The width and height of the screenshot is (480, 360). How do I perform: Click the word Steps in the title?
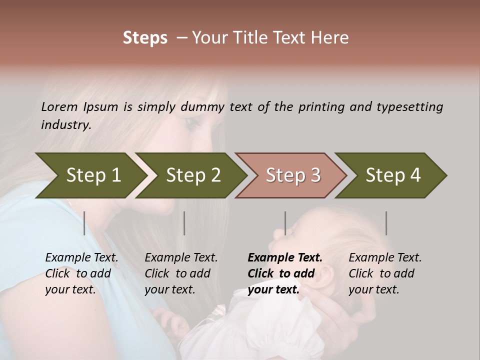pos(145,38)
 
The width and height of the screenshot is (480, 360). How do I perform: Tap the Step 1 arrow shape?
pos(90,175)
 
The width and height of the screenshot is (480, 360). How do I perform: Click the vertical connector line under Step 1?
pos(84,223)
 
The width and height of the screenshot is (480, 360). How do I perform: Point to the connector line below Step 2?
pos(184,223)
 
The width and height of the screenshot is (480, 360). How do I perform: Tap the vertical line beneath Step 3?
pos(285,223)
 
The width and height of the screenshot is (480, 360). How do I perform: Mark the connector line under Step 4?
pos(386,223)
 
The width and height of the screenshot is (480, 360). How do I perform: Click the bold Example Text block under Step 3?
pos(285,273)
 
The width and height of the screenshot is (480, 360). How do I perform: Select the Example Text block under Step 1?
pos(81,273)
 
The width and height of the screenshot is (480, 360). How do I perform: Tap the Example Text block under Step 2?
pos(181,273)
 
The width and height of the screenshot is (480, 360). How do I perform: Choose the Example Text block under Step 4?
pos(385,273)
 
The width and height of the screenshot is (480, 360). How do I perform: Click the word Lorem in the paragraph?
pos(59,107)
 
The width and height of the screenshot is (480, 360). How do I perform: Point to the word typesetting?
pos(409,107)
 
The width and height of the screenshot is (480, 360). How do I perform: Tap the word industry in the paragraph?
pos(65,125)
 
